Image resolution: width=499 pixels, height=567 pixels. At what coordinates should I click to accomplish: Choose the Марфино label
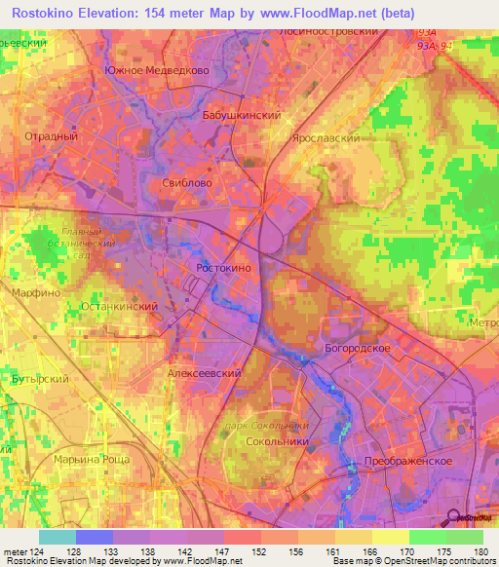pyautogui.click(x=37, y=292)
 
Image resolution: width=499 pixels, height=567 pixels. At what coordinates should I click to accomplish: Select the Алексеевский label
pyautogui.click(x=204, y=373)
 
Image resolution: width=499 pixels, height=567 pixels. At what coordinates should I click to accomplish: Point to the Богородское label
pyautogui.click(x=357, y=348)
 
